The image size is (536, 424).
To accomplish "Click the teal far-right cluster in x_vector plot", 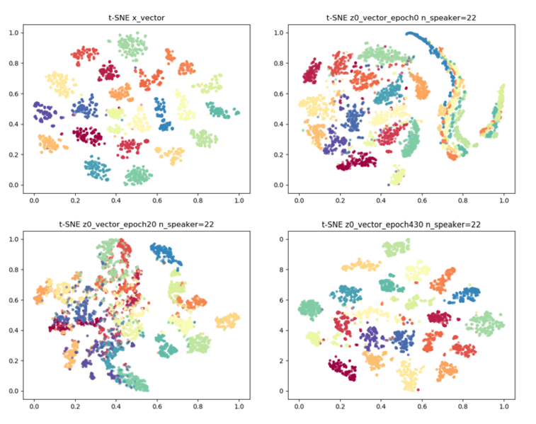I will (220, 109).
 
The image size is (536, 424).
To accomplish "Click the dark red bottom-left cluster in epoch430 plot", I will (346, 371).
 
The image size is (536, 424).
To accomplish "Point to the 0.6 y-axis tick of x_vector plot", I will (13, 94).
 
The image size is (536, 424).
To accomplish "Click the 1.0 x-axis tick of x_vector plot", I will (239, 200).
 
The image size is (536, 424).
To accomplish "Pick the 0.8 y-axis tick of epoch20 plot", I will (13, 270).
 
